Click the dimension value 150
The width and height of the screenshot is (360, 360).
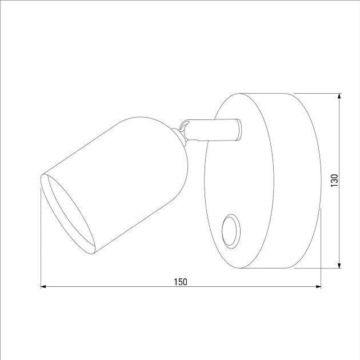pyautogui.click(x=180, y=281)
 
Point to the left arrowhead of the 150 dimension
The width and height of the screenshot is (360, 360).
pyautogui.click(x=43, y=287)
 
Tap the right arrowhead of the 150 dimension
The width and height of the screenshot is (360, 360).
pyautogui.click(x=318, y=287)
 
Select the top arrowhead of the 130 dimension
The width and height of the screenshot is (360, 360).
pyautogui.click(x=340, y=97)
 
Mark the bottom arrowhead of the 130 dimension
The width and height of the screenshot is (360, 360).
pyautogui.click(x=340, y=265)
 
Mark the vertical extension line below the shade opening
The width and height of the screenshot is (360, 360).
pyautogui.click(x=41, y=240)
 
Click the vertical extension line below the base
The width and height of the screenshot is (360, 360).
pyautogui.click(x=321, y=246)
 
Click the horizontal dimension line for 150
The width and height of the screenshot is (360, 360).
pyautogui.click(x=114, y=287)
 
